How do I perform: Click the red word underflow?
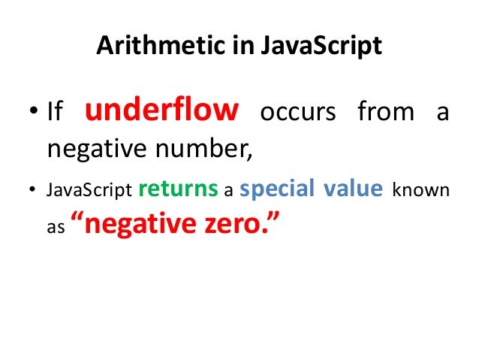tap(161, 111)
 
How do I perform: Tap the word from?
tap(385, 113)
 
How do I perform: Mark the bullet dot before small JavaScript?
tap(31, 190)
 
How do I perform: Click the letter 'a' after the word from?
tap(442, 114)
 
